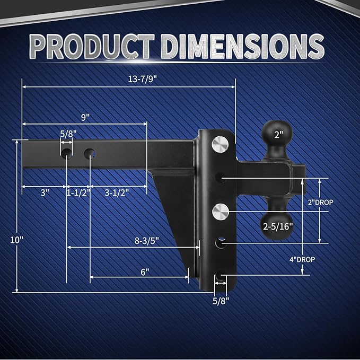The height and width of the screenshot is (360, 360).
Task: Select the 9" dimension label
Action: (85, 117)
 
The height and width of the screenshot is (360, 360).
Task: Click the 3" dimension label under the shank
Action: (44, 193)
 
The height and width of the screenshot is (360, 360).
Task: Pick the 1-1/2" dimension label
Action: (78, 193)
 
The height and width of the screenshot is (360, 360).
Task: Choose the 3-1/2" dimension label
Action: (118, 193)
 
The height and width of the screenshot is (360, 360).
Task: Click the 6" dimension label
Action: (145, 271)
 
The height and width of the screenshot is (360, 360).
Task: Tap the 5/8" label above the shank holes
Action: (67, 134)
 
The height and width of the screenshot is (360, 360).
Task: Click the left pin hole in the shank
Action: (67, 154)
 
